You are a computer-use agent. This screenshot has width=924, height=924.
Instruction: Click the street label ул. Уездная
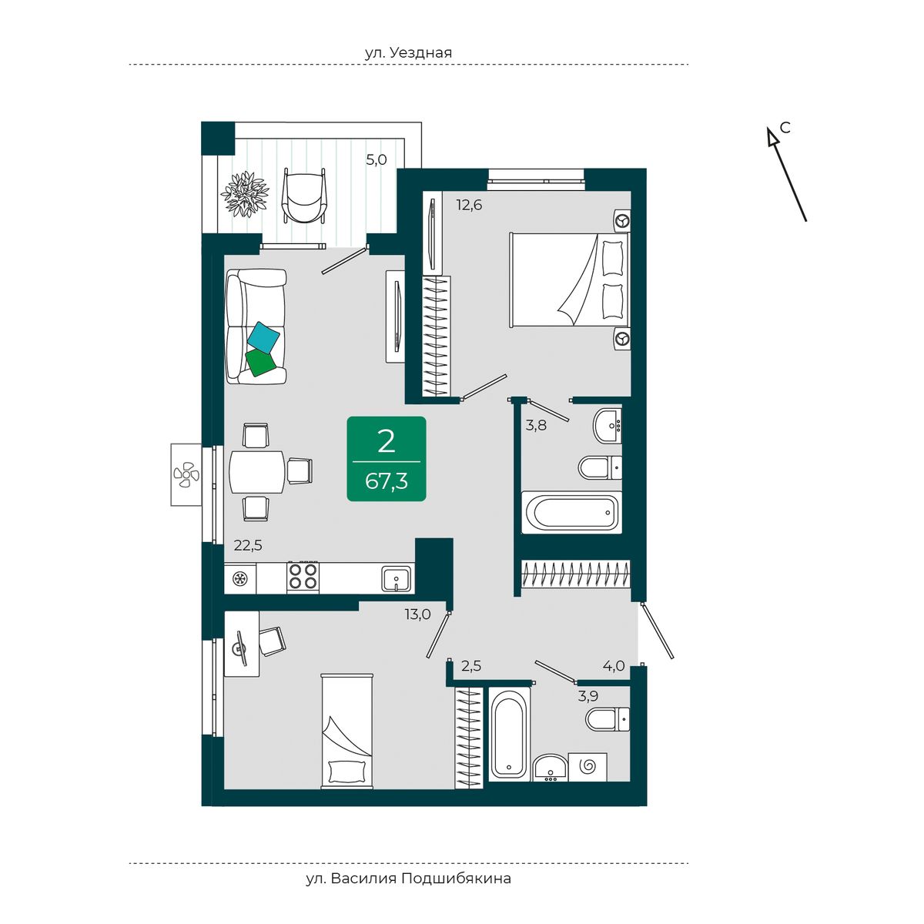click(x=408, y=52)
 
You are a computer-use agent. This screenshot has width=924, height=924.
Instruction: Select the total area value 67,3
click(x=387, y=480)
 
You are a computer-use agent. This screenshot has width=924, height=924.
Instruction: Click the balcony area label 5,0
click(x=377, y=159)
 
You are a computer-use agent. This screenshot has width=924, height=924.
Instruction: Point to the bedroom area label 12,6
click(x=469, y=205)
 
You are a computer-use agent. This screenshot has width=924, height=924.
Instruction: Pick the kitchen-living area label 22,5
click(x=248, y=545)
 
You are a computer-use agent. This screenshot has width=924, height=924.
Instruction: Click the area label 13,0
click(x=417, y=614)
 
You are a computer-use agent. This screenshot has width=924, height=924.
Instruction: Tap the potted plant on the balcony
click(x=245, y=194)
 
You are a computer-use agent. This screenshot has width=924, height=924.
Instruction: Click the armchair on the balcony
click(x=304, y=195)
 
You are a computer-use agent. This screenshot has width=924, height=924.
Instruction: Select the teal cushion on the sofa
click(x=264, y=337)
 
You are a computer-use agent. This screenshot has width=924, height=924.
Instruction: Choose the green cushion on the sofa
click(x=260, y=362)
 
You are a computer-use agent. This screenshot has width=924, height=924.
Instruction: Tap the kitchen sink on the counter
click(x=397, y=579)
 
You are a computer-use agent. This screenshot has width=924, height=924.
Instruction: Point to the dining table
click(x=256, y=471)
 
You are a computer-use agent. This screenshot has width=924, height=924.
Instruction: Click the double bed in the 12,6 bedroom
click(x=570, y=280)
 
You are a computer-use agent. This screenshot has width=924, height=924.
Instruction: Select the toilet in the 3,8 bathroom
click(x=600, y=467)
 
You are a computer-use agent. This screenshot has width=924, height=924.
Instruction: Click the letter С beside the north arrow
click(x=785, y=128)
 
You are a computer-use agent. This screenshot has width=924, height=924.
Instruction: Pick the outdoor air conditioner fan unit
click(x=186, y=474)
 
